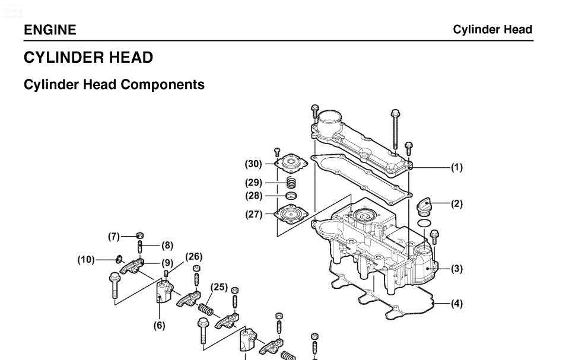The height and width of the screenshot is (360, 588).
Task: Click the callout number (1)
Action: click(456, 168)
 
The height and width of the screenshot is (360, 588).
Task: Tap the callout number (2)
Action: click(456, 204)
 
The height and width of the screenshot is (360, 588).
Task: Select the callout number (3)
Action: click(456, 269)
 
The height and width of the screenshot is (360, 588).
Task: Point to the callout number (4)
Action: click(456, 304)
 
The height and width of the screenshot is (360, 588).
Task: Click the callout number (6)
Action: click(160, 326)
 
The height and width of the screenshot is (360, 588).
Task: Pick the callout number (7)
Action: click(114, 236)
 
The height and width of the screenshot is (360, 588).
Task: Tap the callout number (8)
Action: click(167, 245)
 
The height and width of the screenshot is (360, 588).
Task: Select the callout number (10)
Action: click(87, 260)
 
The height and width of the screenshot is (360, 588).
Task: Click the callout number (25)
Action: click(220, 287)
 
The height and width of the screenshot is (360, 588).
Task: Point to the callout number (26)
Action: click(193, 257)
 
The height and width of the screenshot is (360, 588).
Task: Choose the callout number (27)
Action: click(254, 215)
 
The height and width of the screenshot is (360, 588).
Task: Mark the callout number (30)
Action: click(254, 164)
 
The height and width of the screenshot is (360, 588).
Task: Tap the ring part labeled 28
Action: click(291, 196)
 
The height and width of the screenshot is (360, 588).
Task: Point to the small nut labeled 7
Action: click(140, 235)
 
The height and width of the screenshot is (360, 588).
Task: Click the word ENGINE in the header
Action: click(50, 30)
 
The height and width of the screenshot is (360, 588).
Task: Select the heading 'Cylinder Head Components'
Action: click(114, 85)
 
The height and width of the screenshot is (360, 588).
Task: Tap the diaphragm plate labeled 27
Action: click(291, 214)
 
